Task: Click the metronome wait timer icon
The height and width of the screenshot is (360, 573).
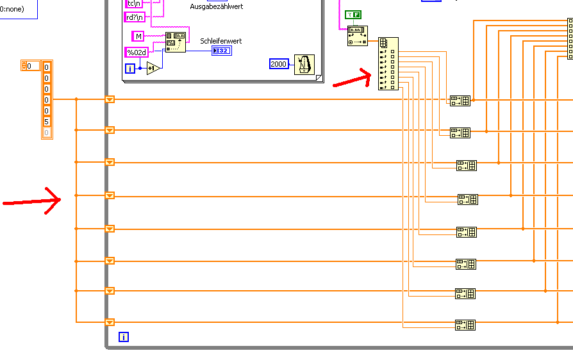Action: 304,64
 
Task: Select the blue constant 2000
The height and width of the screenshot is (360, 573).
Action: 279,64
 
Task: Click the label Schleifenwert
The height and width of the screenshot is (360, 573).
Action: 221,41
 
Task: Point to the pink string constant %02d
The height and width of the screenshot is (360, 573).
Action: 135,52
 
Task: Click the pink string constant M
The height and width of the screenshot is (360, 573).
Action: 138,36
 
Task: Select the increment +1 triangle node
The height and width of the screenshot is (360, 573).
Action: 153,68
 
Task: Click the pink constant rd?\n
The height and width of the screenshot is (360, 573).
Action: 135,17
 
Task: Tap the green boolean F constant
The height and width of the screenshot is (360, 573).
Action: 353,14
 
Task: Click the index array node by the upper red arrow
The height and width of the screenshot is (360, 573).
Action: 388,63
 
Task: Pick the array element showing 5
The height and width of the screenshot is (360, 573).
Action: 47,121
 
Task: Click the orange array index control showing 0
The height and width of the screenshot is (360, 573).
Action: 31,65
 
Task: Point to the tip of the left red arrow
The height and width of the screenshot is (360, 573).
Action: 61,199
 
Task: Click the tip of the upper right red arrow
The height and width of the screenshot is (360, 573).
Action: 372,76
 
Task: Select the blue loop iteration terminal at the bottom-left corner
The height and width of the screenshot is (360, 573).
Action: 124,336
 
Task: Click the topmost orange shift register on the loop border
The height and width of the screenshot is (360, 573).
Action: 110,99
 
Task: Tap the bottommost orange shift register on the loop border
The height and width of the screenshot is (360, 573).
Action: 110,322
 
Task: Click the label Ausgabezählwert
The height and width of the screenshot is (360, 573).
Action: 216,6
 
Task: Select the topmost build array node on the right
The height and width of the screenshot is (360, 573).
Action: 460,100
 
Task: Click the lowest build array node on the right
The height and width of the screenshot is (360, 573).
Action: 465,325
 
